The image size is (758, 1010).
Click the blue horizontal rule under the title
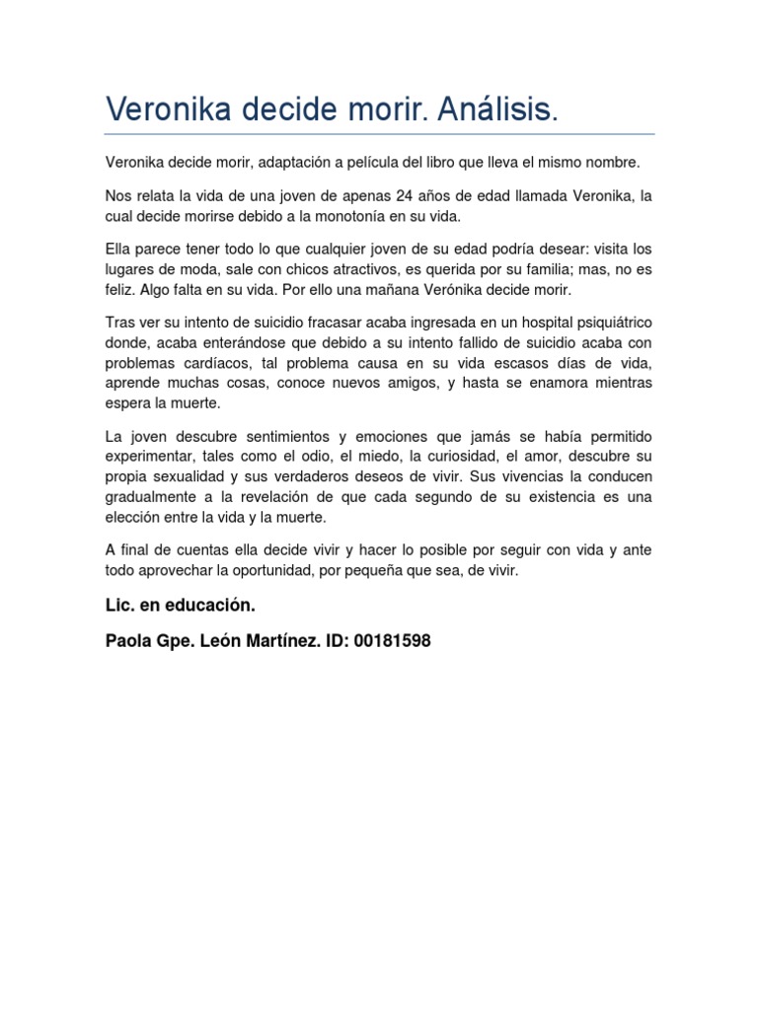(x=379, y=134)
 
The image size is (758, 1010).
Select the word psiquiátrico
(x=611, y=325)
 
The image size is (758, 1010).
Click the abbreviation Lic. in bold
(x=119, y=605)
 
